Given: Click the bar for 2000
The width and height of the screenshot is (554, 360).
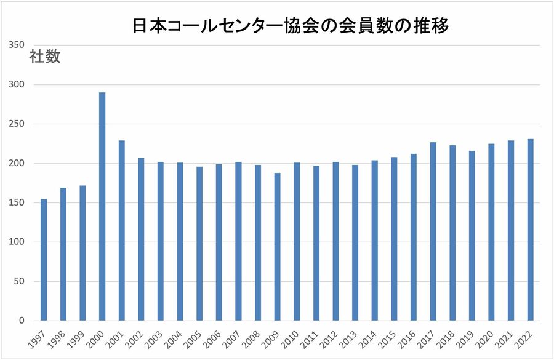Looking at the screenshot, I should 102,207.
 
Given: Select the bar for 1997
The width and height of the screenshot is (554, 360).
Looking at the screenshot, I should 44,260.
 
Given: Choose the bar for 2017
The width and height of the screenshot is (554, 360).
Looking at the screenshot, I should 433,231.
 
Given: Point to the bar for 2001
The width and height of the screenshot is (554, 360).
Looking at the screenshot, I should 122,231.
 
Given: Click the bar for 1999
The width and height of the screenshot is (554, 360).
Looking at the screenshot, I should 82,253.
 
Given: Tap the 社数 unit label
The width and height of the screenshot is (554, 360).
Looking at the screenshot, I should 44,57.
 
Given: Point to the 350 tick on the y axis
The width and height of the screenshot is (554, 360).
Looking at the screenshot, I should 16,45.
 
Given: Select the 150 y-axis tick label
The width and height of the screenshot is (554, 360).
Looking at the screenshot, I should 16,202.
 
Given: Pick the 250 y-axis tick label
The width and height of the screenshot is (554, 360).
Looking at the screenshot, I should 16,124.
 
